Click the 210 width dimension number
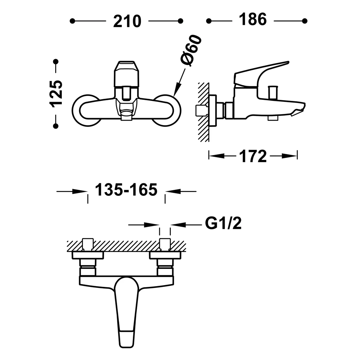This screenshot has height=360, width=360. click(127, 21)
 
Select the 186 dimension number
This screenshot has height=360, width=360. click(252, 19)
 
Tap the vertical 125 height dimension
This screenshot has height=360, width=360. click(56, 94)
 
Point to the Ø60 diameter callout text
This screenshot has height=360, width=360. click(191, 51)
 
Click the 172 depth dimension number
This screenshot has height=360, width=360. click(253, 156)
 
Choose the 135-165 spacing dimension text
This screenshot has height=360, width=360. click(126, 190)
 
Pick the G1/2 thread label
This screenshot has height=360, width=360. click(223, 223)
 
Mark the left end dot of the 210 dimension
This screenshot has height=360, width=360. click(72, 21)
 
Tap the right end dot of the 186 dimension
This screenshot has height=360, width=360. click(305, 21)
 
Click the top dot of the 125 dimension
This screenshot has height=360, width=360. click(56, 62)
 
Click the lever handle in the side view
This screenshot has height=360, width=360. click(261, 73)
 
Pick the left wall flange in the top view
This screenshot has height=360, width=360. click(88, 255)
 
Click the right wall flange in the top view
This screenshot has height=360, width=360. click(165, 255)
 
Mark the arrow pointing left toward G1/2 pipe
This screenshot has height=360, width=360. click(186, 225)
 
